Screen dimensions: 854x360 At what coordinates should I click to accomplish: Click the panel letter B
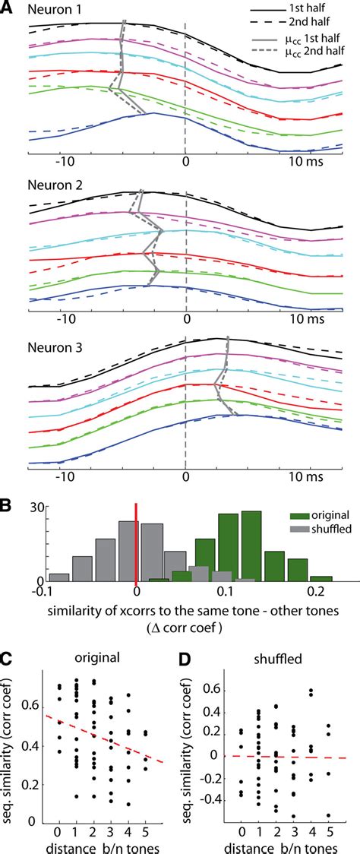[x=9, y=504]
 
